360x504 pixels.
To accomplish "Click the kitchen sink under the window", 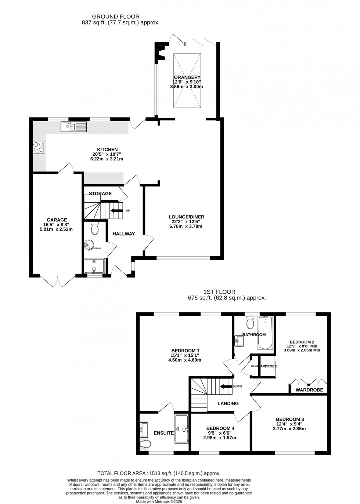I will (74, 127).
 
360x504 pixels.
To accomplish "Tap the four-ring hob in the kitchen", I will (39, 147).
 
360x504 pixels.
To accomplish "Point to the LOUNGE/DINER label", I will (186, 217).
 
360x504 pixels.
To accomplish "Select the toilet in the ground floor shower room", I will (95, 228).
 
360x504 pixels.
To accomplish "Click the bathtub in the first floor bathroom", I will (265, 333).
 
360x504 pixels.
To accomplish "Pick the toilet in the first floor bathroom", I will (251, 323).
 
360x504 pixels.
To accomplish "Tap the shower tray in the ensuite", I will (182, 428).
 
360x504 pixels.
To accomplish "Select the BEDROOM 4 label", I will (220, 428).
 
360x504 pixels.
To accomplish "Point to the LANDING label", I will (228, 403).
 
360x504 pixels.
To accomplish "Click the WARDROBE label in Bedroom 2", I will (309, 390).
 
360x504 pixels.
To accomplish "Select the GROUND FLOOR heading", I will (116, 17).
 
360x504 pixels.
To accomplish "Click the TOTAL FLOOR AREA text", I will (159, 474).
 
